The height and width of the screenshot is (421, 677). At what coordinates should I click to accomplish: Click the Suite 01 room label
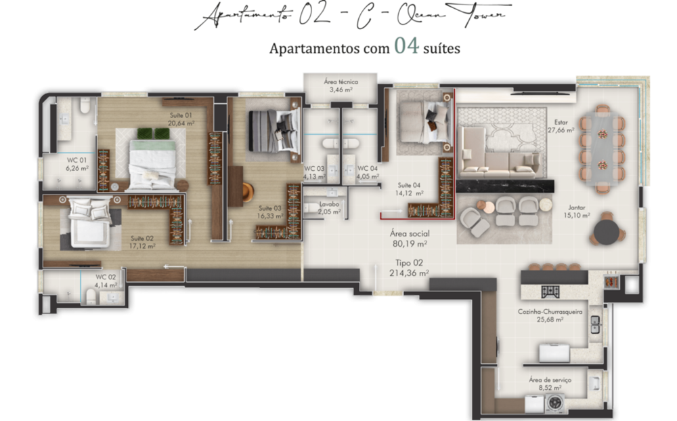point(181,115)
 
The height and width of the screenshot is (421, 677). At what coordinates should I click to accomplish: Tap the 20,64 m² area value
point(181,123)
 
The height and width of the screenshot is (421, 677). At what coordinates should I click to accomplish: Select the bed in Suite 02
point(88,223)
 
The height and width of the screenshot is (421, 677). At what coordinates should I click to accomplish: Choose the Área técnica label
point(339,82)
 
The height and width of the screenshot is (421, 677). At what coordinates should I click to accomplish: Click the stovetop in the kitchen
point(549,291)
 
